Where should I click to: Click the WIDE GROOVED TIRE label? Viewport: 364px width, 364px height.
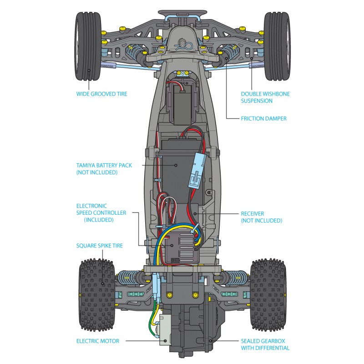(101, 94)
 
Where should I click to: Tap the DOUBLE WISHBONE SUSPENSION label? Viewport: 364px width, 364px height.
(265, 97)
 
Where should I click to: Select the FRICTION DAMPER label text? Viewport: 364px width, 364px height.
(263, 119)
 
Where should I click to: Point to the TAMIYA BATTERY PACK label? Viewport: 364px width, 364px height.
(104, 169)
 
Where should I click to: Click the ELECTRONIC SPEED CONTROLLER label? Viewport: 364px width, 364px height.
(101, 212)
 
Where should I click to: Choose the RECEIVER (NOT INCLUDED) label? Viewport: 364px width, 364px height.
(261, 217)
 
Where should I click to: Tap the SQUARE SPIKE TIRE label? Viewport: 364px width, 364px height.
(99, 246)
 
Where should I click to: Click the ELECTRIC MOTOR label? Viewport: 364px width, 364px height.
(98, 341)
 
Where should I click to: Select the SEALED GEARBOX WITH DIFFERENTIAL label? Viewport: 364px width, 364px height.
(265, 344)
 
